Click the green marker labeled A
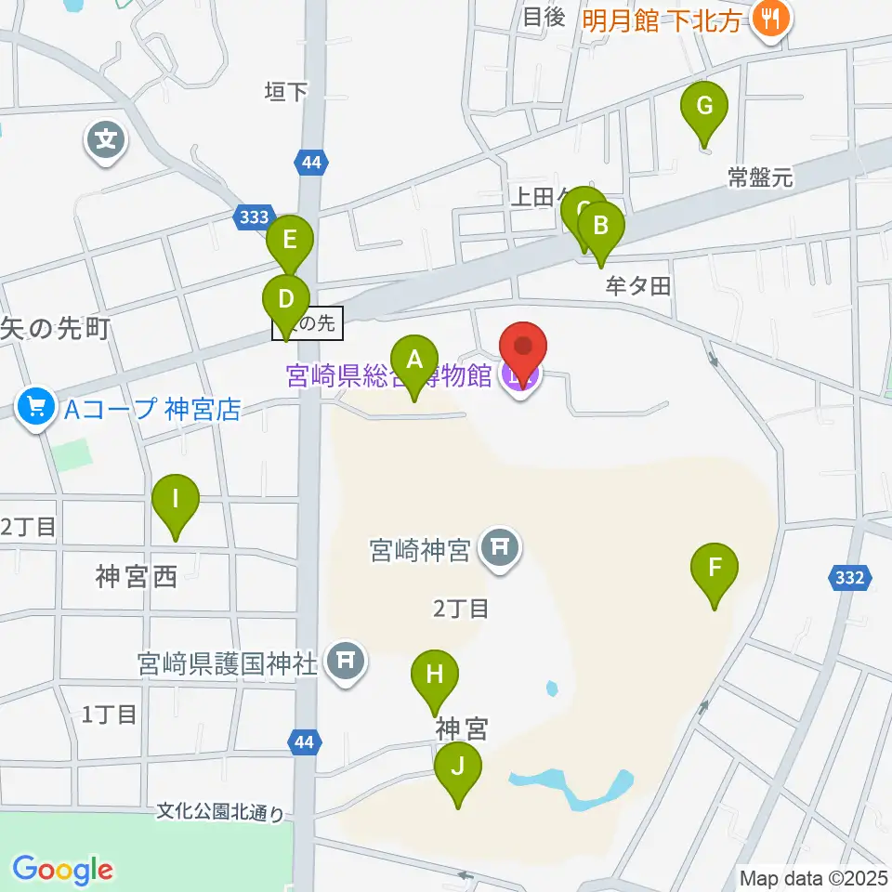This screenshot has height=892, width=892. point(414,360)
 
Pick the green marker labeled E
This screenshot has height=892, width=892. point(290,241)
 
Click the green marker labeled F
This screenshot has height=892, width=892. point(715,569)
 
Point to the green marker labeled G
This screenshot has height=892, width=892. point(704,107)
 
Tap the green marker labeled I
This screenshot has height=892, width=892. point(177,500)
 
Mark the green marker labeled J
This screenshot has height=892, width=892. point(458,768)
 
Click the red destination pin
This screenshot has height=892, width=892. point(523,349)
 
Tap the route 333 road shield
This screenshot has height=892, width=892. point(253,217)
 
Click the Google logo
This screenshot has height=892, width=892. point(63,870)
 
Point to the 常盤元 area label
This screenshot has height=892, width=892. point(761,178)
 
